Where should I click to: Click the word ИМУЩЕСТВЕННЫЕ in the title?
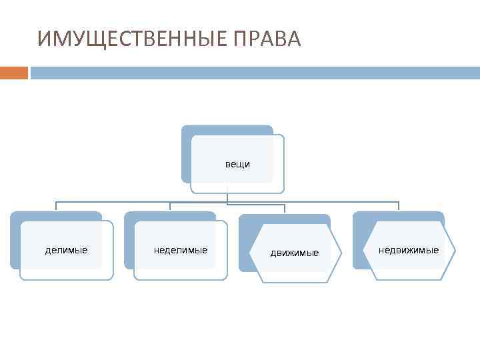click(x=133, y=39)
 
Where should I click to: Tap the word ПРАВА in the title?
click(x=268, y=39)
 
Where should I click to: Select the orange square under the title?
click(x=14, y=72)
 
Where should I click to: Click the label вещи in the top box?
click(x=237, y=164)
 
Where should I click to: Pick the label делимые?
click(x=66, y=250)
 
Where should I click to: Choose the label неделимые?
click(x=181, y=250)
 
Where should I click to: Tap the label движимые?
click(x=295, y=253)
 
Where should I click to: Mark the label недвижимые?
click(x=409, y=250)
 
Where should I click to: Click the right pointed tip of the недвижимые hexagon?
click(x=455, y=251)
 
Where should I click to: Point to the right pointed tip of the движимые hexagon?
click(x=341, y=253)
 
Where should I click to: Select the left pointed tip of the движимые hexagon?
click(x=249, y=253)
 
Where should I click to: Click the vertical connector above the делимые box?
click(x=56, y=206)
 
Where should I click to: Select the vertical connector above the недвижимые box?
click(x=399, y=206)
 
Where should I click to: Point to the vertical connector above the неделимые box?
click(x=170, y=206)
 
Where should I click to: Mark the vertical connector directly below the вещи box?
click(x=227, y=197)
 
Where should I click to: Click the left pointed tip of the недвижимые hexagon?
click(x=364, y=251)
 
